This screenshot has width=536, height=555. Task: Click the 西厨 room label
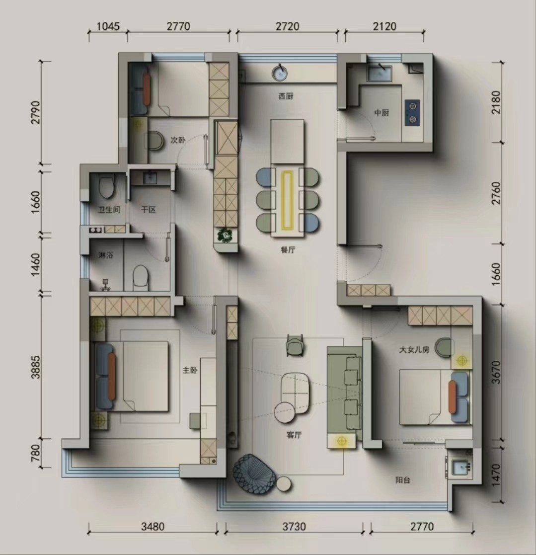[286, 96]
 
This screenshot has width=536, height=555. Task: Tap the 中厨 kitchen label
[382, 113]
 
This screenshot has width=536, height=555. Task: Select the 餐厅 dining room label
[288, 250]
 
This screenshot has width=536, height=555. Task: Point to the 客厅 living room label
[294, 435]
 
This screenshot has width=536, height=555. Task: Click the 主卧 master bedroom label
[190, 370]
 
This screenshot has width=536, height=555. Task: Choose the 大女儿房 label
[414, 350]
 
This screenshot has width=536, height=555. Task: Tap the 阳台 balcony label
[402, 480]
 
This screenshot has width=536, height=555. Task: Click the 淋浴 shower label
[106, 255]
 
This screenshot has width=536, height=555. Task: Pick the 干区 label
[148, 210]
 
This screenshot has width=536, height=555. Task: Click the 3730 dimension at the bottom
[294, 527]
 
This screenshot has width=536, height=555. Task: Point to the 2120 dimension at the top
[384, 26]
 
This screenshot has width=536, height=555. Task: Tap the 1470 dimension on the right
[496, 475]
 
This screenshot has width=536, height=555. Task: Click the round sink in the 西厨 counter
[280, 73]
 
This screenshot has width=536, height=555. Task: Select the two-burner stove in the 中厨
[412, 112]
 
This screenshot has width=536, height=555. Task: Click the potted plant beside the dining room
[225, 235]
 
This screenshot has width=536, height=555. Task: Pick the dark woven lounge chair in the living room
[254, 473]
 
